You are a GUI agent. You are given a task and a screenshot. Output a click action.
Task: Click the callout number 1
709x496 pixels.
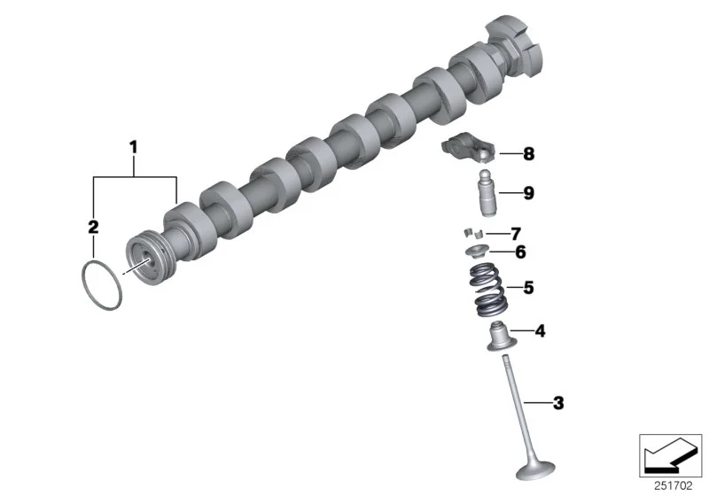133,147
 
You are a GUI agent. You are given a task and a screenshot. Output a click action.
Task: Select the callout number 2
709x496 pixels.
93,227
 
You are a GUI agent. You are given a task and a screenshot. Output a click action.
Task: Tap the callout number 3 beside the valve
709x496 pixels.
558,403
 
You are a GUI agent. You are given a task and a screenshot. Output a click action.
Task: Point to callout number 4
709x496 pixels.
540,331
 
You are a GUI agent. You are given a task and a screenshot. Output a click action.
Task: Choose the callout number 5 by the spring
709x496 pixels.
528,288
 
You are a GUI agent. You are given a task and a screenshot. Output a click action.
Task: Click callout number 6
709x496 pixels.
520,252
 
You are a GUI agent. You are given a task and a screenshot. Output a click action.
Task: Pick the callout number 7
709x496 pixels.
516,234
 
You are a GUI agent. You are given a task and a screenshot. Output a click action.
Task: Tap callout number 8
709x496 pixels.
528,154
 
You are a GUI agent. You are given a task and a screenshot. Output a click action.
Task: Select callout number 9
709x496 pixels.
528,193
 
